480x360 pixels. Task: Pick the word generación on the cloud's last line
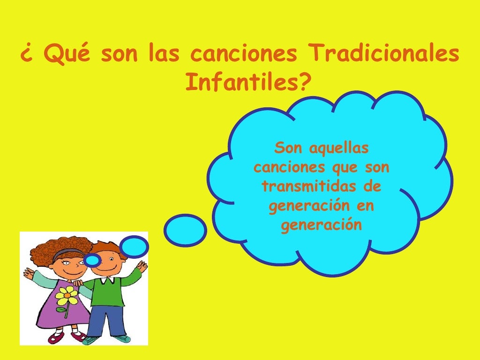321,225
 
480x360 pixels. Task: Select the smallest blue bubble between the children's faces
93,260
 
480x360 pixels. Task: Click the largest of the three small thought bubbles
186,230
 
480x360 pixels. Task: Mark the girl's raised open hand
29,273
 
